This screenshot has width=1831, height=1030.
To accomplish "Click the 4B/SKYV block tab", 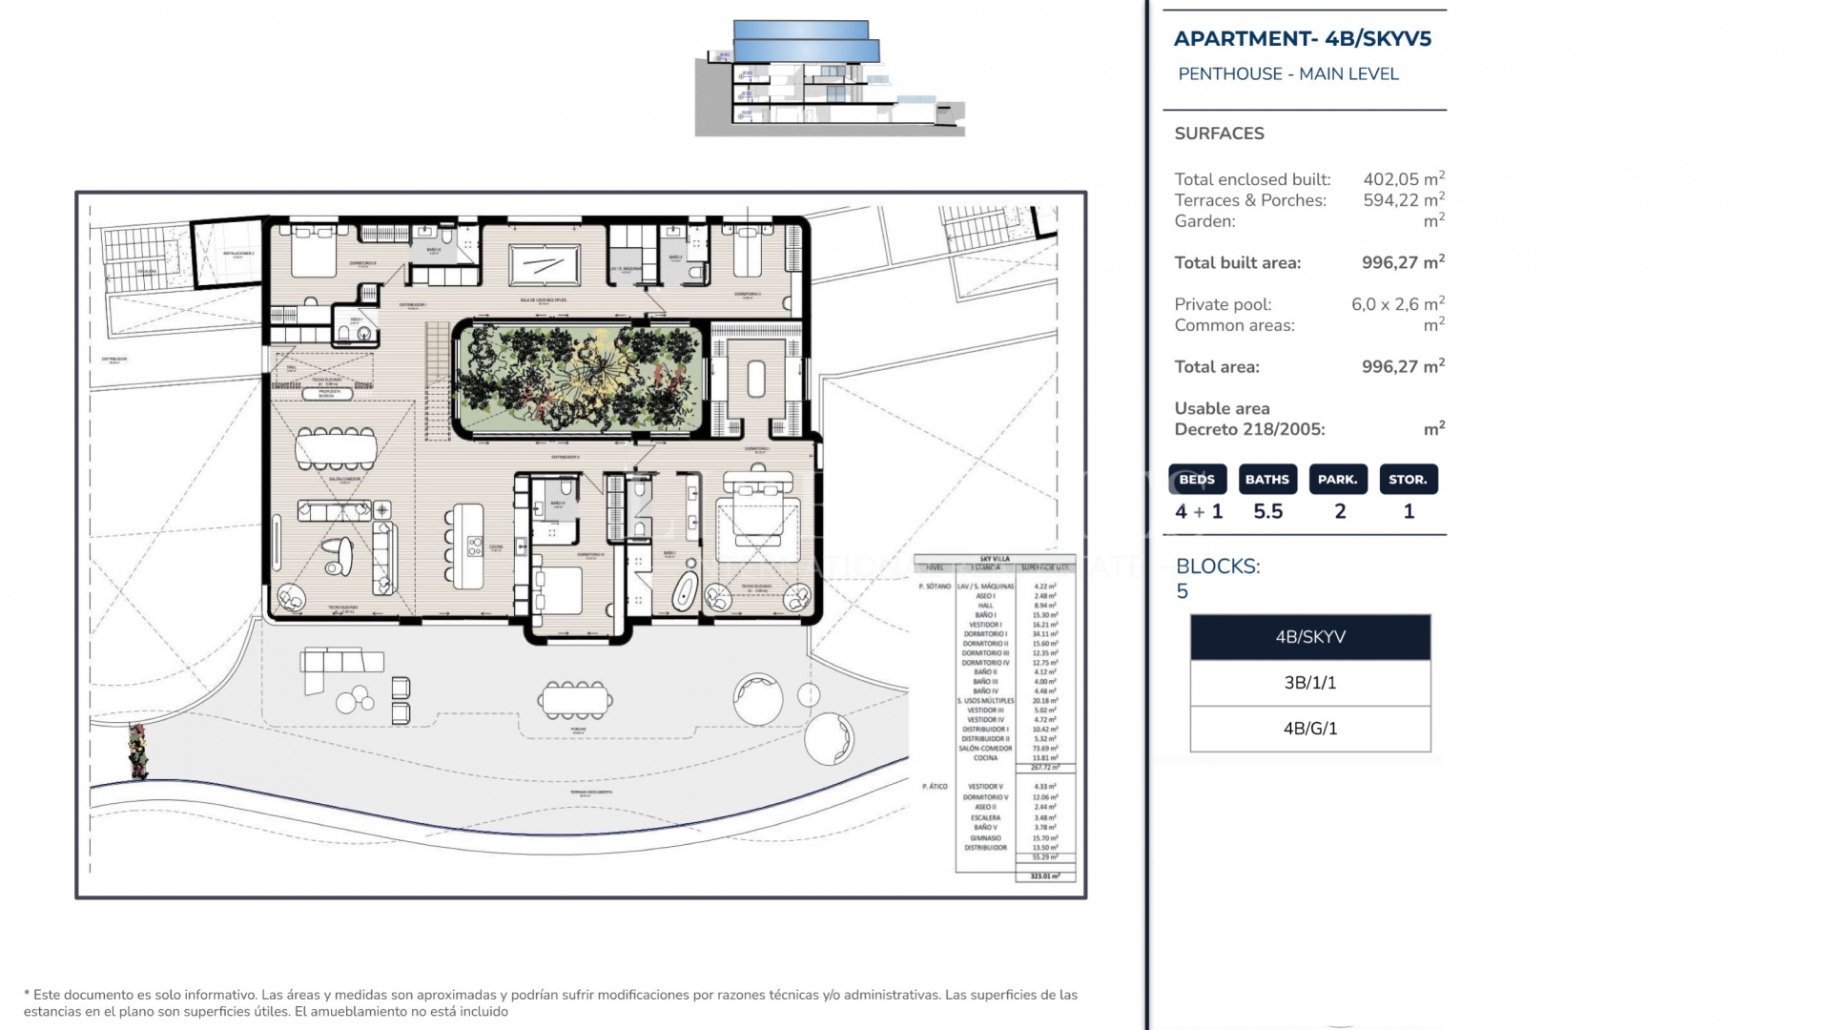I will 1309,637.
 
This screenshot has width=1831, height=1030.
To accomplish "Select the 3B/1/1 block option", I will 1309,683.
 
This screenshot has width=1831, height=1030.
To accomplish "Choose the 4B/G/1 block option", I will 1309,729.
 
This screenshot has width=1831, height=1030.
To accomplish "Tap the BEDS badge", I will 1197,480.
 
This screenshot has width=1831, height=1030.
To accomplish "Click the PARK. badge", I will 1338,480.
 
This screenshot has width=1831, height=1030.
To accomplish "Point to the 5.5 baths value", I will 1267,512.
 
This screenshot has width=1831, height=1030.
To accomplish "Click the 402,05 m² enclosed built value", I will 1402,179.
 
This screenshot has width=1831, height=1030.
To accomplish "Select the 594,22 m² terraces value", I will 1402,200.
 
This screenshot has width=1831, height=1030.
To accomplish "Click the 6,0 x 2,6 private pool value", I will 1395,304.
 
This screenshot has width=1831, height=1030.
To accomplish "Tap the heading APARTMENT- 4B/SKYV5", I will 1302,39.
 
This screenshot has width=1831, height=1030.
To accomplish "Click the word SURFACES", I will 1219,134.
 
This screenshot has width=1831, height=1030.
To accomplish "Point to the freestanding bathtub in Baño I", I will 684,592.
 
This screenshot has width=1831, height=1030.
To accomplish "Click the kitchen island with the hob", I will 468,546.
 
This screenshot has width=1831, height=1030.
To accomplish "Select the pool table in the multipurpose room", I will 544,265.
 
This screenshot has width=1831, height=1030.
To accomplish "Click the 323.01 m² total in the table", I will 1045,875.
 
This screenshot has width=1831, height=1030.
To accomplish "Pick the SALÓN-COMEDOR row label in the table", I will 985,749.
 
